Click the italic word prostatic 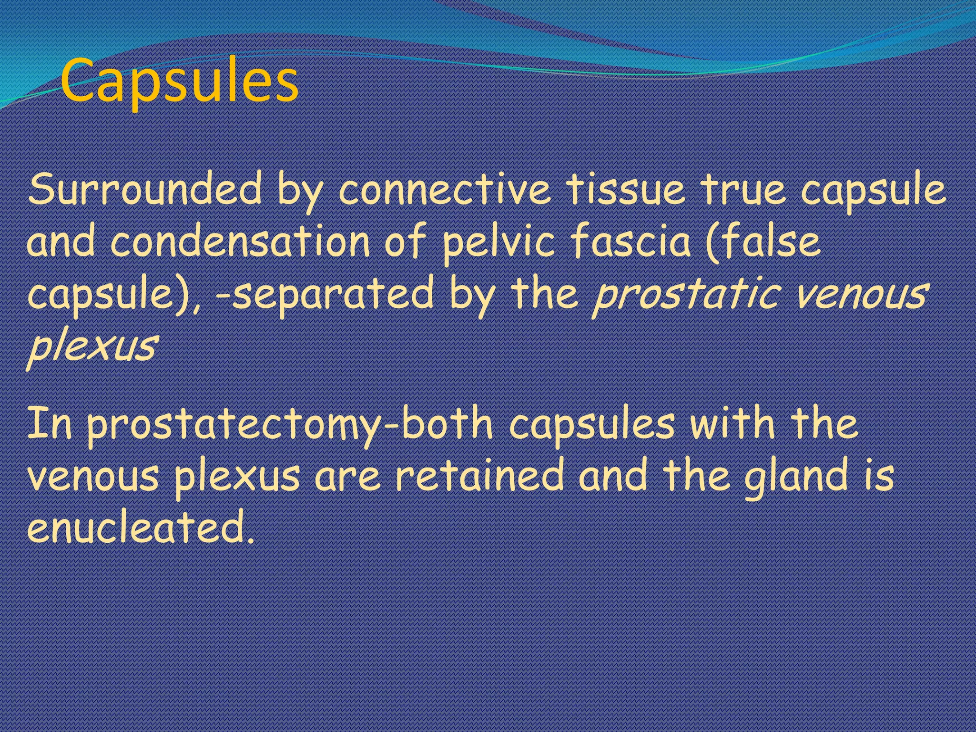(x=686, y=295)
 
